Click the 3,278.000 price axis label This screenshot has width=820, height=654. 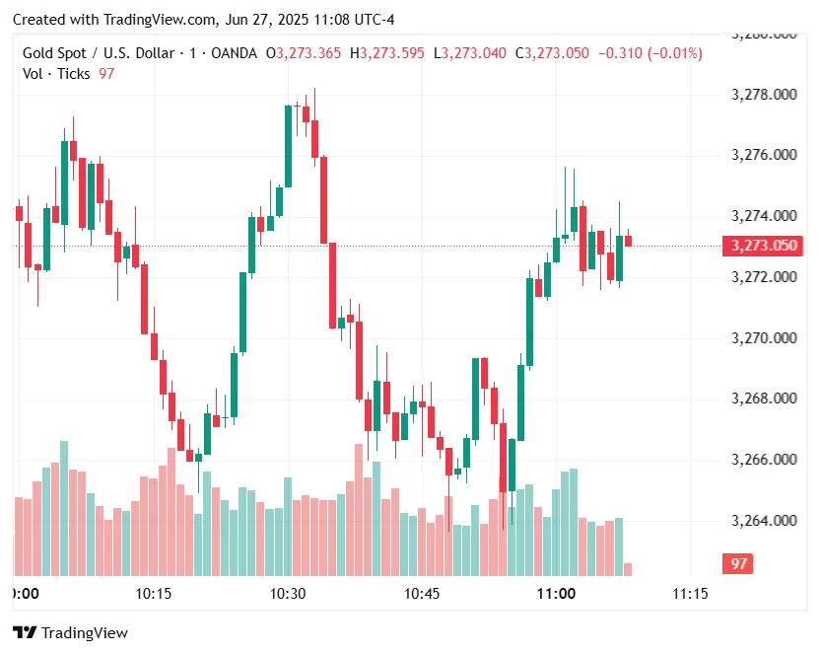764,95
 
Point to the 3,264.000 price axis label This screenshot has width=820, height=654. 764,521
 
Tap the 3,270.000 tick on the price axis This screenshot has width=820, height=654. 764,338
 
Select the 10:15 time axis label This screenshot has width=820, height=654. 154,594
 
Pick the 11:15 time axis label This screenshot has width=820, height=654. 690,594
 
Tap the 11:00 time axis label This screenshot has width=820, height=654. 556,594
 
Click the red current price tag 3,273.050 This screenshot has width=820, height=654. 762,246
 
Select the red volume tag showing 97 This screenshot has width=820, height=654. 738,563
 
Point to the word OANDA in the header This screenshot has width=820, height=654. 235,53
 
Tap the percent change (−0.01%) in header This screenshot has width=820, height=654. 674,53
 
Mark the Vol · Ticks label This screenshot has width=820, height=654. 56,74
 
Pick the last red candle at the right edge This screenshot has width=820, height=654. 628,240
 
